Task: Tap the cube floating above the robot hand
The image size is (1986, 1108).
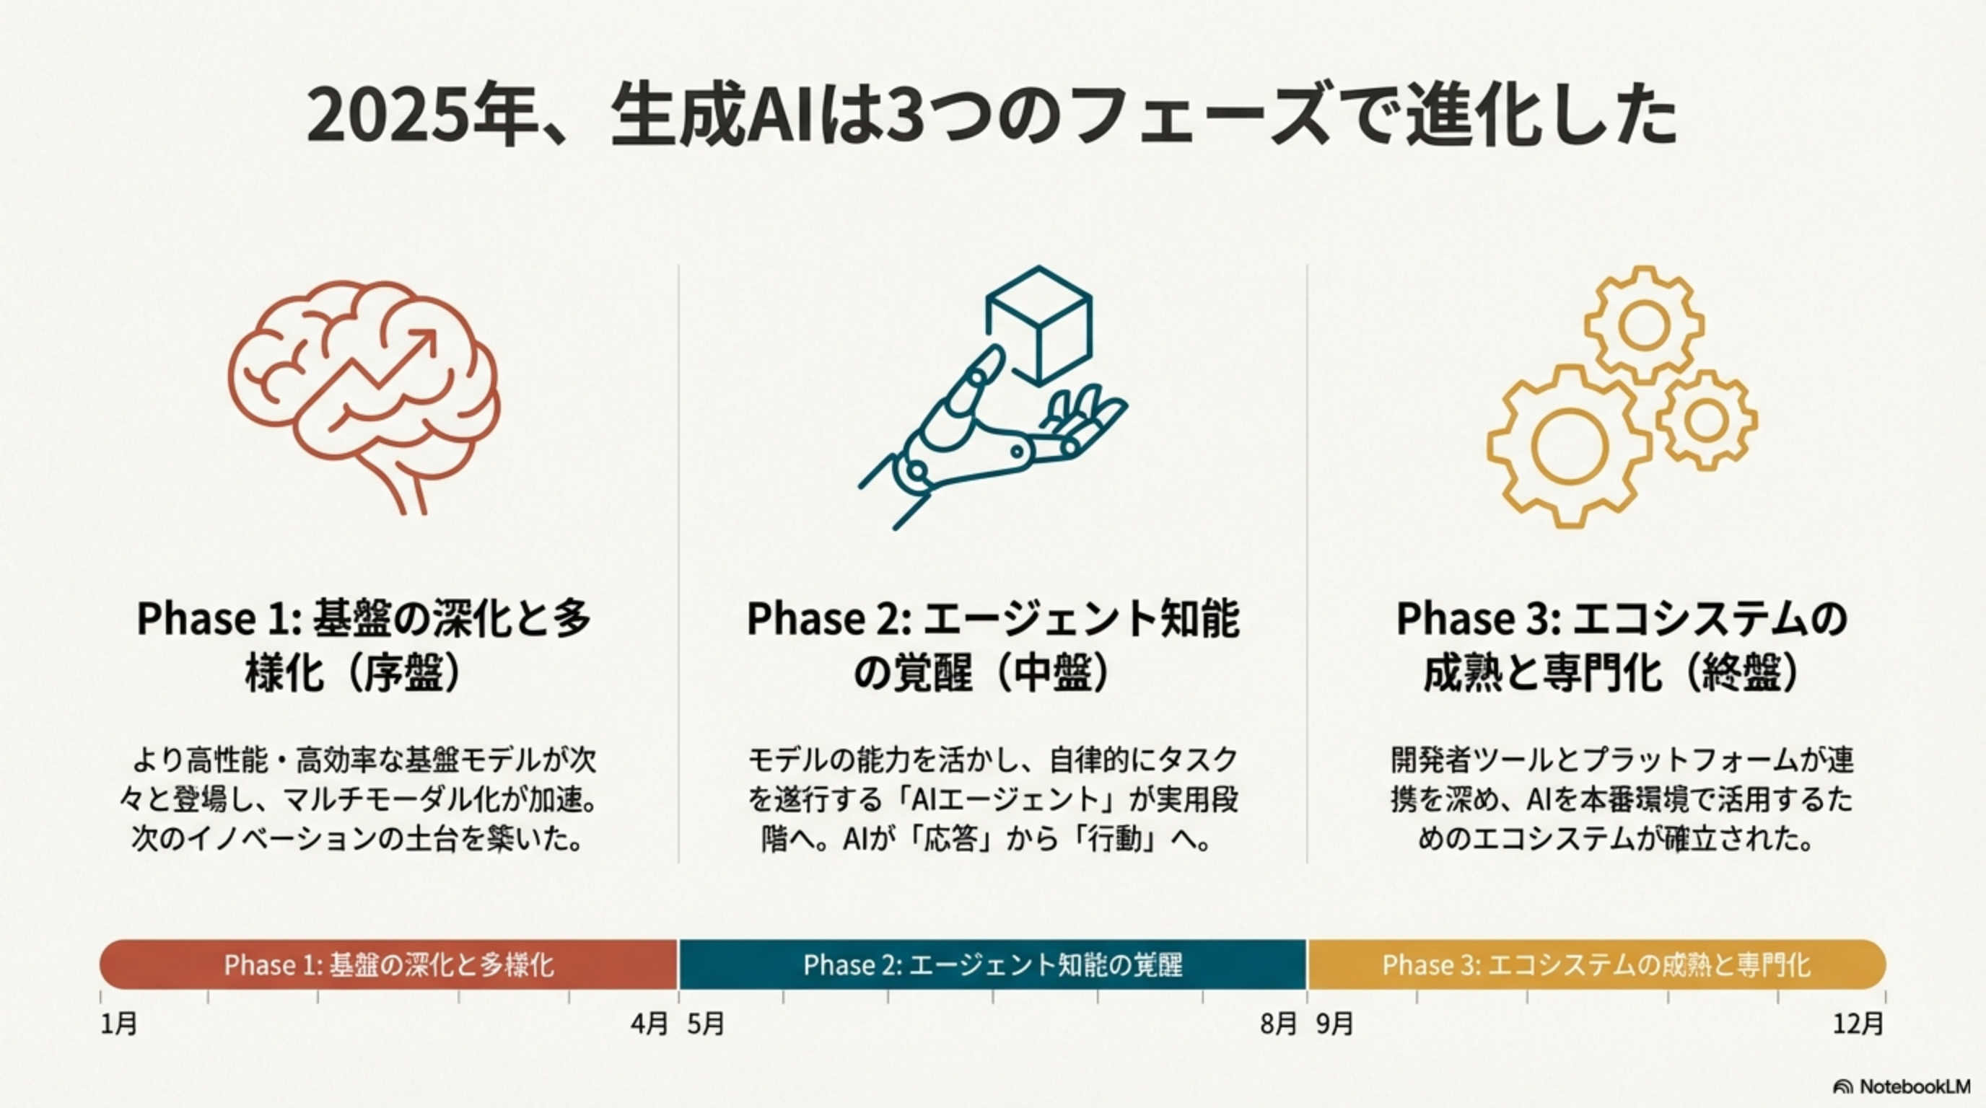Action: tap(1039, 325)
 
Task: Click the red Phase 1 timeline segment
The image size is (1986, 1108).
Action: tap(388, 964)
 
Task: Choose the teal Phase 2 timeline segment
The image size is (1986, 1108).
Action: tap(993, 964)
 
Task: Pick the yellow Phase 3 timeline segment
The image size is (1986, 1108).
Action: tap(1596, 964)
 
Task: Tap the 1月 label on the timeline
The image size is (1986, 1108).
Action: tap(120, 1024)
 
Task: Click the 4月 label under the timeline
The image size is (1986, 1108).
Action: tap(649, 1024)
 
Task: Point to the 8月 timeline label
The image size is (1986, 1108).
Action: tap(1278, 1024)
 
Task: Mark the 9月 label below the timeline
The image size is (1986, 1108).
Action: tap(1335, 1024)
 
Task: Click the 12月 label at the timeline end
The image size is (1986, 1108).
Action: tap(1859, 1024)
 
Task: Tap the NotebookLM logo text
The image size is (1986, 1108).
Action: tap(1915, 1086)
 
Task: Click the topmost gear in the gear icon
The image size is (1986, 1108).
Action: tap(1645, 325)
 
